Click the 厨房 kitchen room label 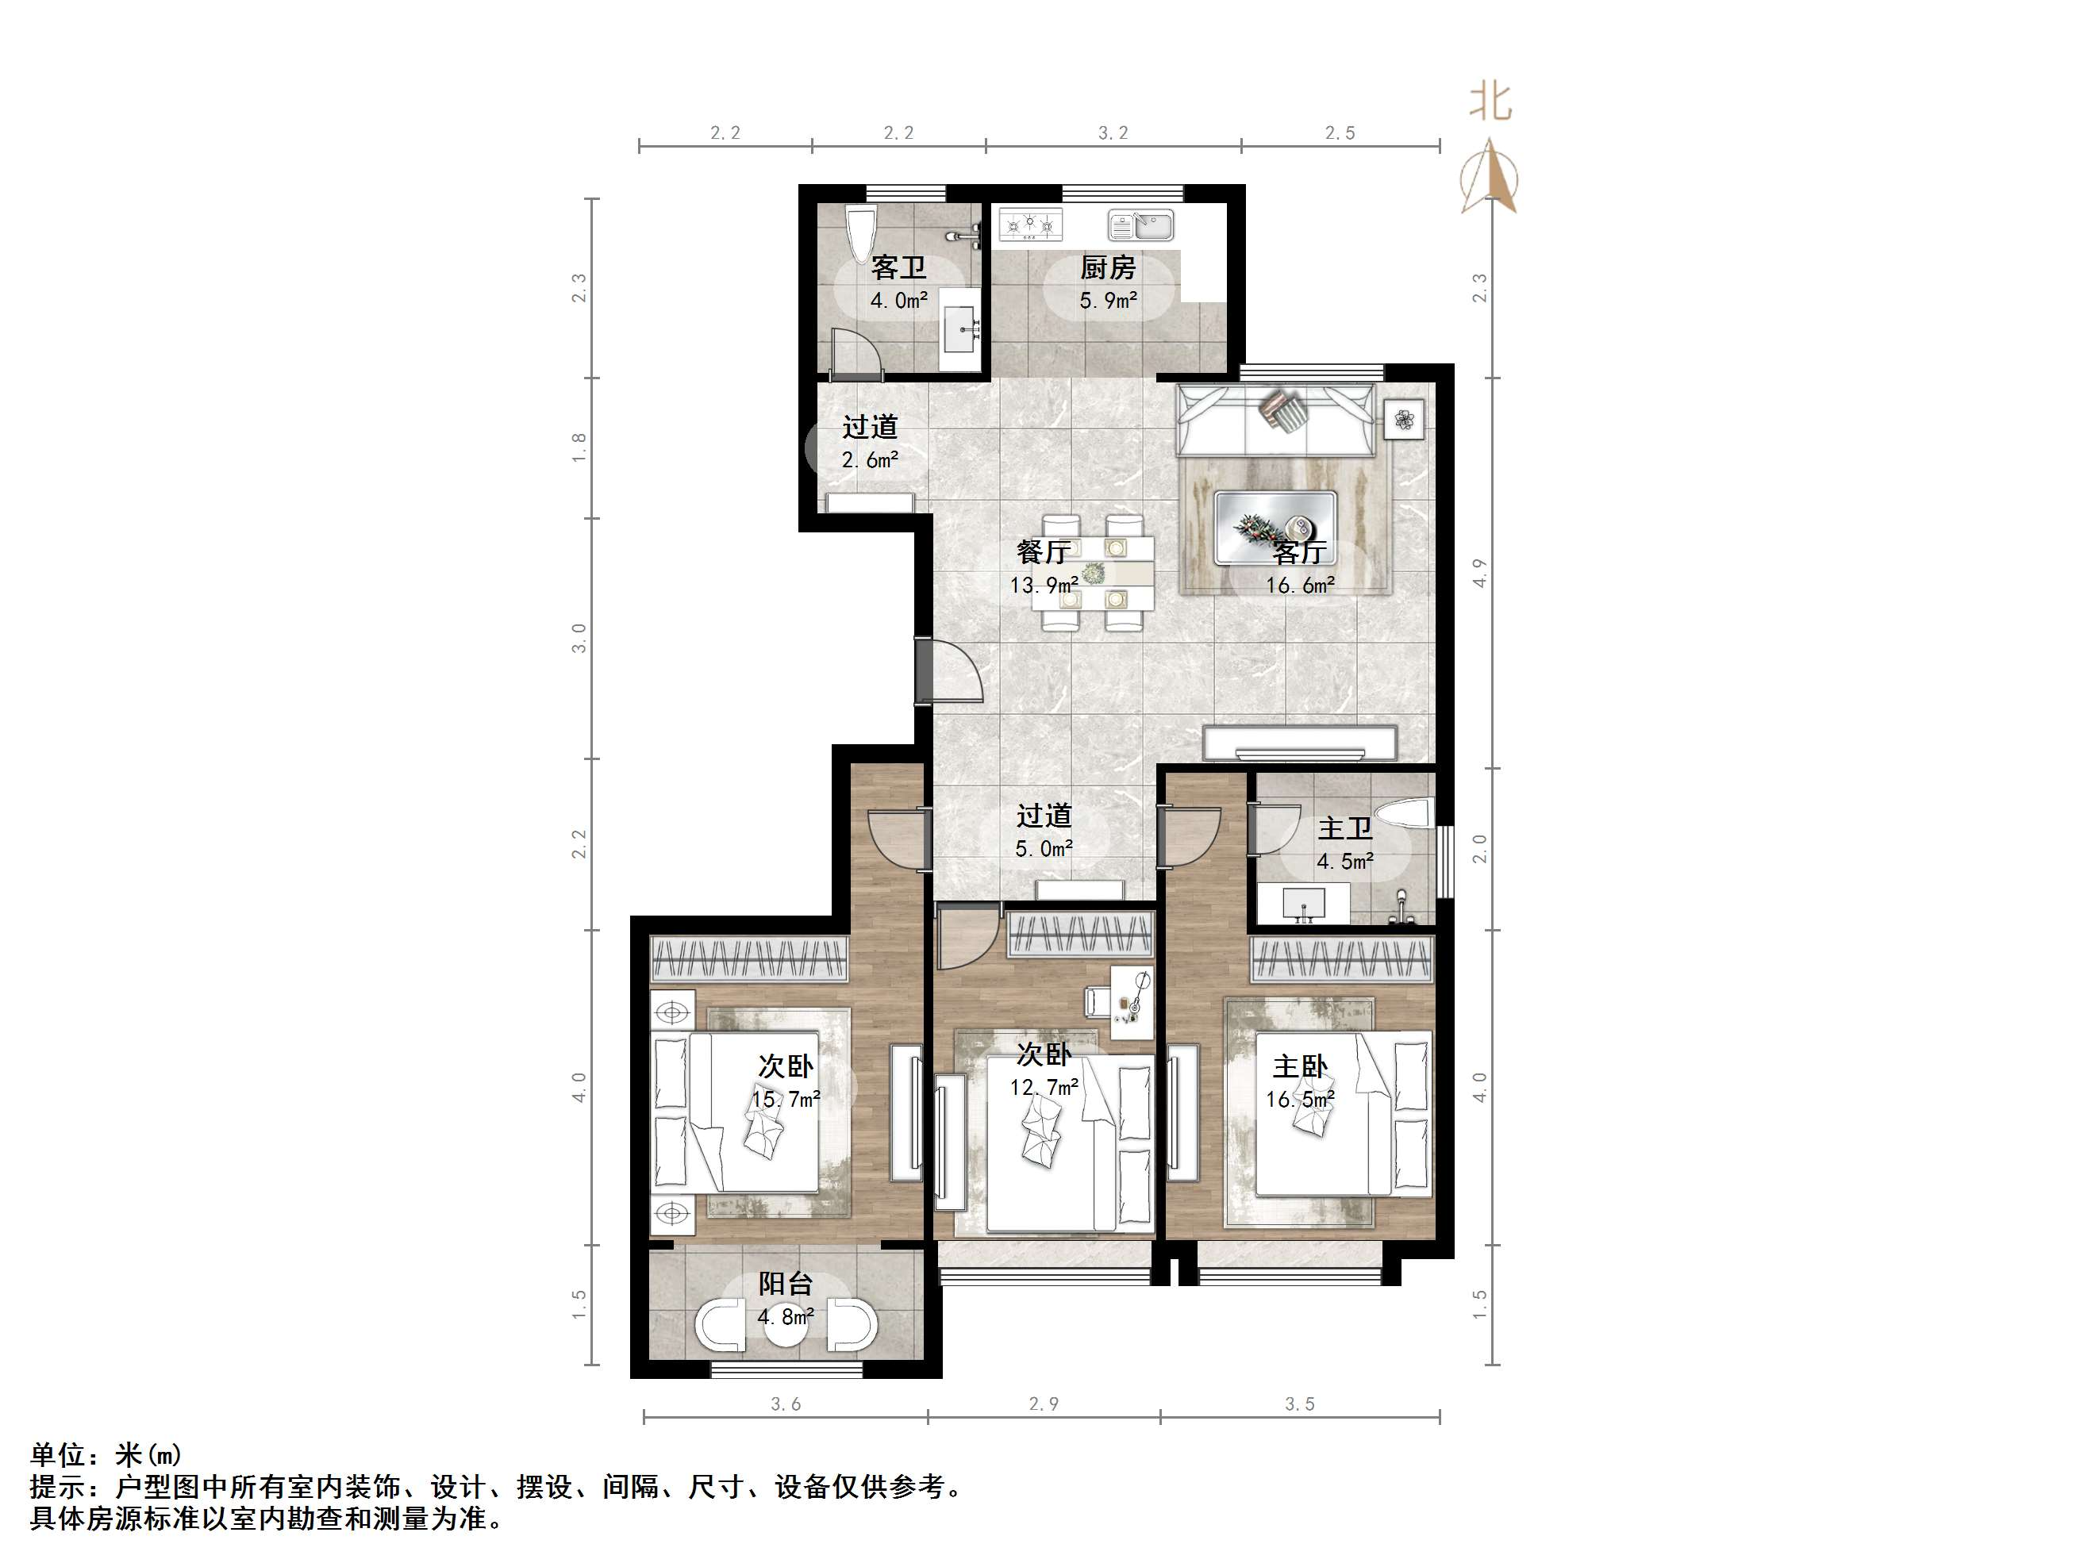[x=1107, y=267]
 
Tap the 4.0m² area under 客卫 [x=898, y=301]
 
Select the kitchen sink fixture [x=1141, y=225]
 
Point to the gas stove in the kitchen [x=1030, y=225]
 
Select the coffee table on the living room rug [x=1275, y=528]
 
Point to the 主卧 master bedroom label [x=1300, y=1066]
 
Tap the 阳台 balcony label [x=785, y=1283]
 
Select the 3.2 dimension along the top [x=1113, y=132]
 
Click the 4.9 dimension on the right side [x=1479, y=573]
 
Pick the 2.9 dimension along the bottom [x=1043, y=1404]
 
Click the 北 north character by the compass [x=1490, y=102]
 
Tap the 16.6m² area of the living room [x=1299, y=585]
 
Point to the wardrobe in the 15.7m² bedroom [x=749, y=960]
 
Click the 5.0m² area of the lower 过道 [x=1044, y=849]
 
